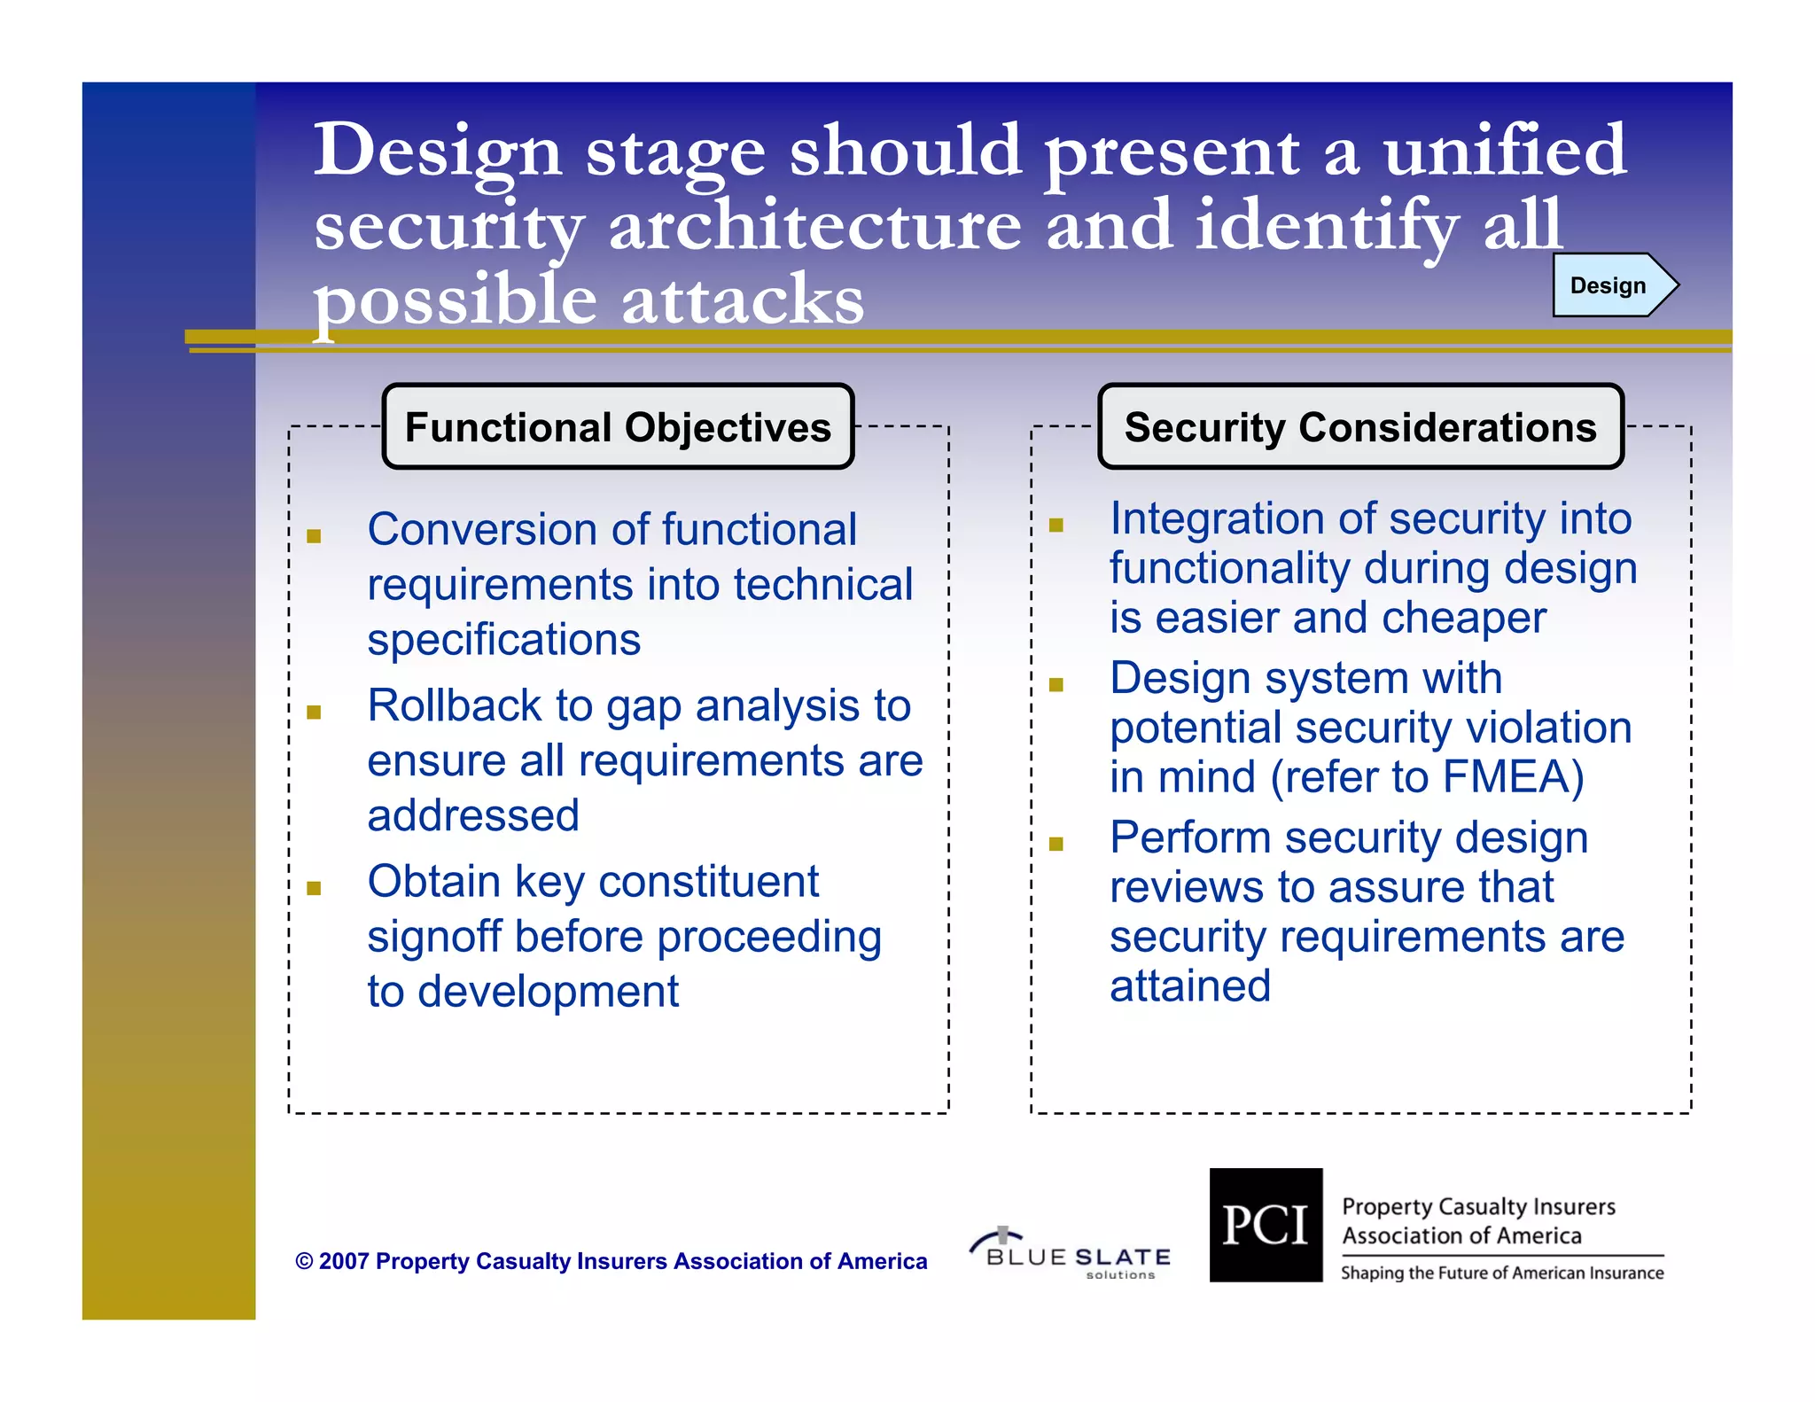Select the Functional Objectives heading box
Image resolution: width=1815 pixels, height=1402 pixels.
618,427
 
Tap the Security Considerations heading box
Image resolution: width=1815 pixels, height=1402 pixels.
1360,427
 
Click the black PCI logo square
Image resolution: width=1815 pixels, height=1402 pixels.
1266,1225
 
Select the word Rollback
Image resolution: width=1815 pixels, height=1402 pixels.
455,706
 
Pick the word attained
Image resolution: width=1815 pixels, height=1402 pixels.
1189,986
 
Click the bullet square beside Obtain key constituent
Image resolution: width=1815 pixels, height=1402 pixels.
314,888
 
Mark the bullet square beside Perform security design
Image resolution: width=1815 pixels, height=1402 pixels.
1056,844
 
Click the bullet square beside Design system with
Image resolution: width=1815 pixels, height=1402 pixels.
1056,684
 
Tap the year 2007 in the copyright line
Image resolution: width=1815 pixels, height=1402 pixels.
343,1261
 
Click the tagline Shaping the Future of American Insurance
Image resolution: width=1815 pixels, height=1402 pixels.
1501,1273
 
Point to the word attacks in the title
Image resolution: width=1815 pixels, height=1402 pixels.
742,300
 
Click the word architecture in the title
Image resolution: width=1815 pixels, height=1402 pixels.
814,225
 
